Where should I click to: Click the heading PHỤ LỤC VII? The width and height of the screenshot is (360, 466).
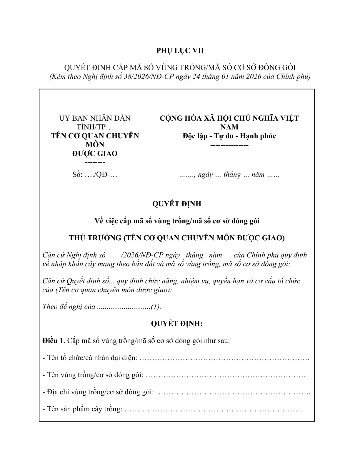(180, 51)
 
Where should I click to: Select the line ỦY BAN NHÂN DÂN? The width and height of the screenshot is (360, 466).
(95, 118)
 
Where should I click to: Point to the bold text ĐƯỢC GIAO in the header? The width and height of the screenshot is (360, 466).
(95, 154)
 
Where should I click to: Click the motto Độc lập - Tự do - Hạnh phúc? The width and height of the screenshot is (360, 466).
(229, 136)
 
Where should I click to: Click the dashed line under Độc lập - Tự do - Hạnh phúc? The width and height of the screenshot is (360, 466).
(229, 145)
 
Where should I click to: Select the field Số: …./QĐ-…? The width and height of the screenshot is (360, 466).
(95, 174)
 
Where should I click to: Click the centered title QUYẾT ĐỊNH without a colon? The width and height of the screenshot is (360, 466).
(177, 204)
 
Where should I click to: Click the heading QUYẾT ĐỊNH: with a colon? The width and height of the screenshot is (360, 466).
(177, 324)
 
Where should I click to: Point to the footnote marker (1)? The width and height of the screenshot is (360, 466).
(156, 307)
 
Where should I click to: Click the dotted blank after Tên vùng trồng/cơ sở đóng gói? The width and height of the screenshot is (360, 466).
(225, 375)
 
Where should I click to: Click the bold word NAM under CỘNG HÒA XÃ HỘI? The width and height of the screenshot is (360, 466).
(229, 127)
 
